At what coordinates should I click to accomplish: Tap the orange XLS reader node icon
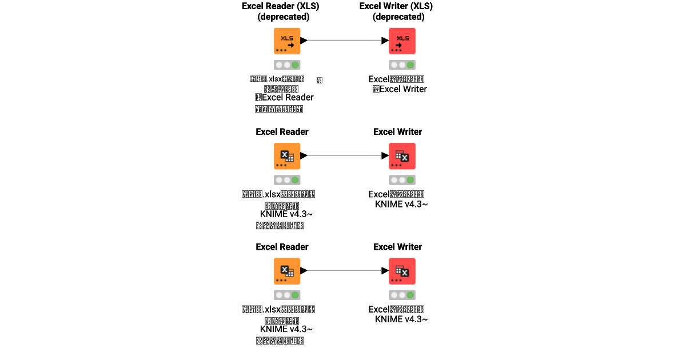(287, 41)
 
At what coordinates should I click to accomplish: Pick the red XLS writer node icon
(402, 41)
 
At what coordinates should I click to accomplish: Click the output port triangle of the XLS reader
(304, 41)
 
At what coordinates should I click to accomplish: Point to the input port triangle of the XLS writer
(385, 41)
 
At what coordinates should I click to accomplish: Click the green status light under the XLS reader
(296, 65)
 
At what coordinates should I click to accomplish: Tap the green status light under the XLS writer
(410, 65)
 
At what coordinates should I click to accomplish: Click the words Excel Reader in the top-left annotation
(288, 97)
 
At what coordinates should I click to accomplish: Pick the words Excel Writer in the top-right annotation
(403, 89)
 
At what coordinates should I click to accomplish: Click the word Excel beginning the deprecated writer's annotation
(379, 79)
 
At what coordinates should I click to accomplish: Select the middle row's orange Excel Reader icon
(287, 156)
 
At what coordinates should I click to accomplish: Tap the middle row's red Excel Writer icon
(402, 156)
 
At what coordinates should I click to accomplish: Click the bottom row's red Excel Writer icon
(402, 271)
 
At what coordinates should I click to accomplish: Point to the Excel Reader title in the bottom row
(282, 247)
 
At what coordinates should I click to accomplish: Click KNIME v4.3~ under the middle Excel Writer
(401, 204)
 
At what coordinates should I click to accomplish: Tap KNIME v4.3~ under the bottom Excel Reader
(286, 329)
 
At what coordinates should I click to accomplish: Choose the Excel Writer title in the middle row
(397, 132)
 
